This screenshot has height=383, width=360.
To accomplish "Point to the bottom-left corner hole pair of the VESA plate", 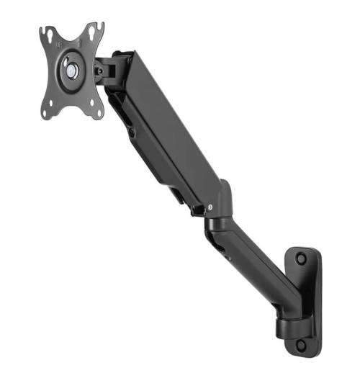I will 48,112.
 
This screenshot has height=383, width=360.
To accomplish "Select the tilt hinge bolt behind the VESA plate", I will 99,71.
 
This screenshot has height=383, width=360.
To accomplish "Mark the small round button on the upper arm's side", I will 131,132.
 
